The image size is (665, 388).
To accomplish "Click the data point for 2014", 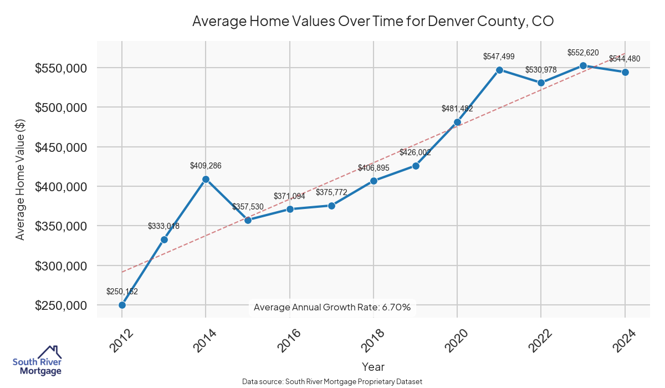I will tap(206, 179).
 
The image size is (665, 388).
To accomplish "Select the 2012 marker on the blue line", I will tap(122, 305).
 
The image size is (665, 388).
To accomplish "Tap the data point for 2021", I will tap(499, 70).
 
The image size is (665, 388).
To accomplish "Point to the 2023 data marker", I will tap(583, 65).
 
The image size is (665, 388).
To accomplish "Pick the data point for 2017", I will tap(331, 206).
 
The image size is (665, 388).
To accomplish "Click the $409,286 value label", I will tap(206, 165).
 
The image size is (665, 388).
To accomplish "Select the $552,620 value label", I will tap(583, 53).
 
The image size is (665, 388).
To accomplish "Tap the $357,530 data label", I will tap(248, 207).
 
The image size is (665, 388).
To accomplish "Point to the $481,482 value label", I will tap(457, 109).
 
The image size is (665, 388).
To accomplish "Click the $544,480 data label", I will tap(625, 59).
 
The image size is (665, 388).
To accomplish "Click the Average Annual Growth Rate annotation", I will tap(331, 307).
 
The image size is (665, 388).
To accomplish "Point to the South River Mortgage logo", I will tap(37, 361).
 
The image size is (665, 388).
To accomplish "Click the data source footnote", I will tap(332, 381).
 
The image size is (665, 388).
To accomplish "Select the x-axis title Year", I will tap(373, 366).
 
